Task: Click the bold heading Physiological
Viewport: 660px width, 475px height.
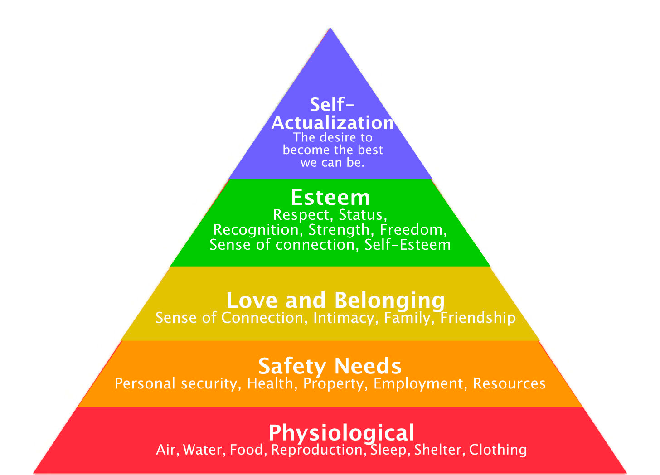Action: point(341,433)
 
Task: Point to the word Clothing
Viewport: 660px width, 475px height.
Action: point(498,450)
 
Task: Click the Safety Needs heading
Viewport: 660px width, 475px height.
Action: point(330,366)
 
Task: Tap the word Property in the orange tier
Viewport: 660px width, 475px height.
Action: point(334,384)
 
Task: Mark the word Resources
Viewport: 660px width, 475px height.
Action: point(509,383)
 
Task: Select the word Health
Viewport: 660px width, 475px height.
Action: point(270,383)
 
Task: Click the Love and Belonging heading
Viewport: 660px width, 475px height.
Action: point(335,301)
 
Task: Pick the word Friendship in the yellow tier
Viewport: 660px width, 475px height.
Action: point(478,317)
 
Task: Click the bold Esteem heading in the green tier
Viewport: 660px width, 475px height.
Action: point(330,198)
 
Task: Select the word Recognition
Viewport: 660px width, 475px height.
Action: point(256,230)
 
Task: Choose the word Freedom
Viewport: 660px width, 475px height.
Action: point(412,230)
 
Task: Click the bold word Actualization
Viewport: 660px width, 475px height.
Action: point(332,123)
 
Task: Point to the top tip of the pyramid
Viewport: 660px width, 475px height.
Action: point(330,29)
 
